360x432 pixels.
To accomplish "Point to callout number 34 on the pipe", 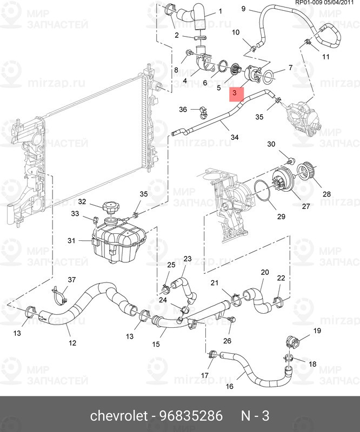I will tap(234, 138).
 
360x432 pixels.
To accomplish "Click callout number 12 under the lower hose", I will tap(72, 342).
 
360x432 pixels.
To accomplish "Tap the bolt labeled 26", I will tap(232, 320).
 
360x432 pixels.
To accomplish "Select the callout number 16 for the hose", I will tap(229, 386).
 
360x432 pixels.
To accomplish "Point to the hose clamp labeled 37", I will tap(59, 294).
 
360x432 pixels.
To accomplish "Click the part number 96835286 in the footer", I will tap(191, 416).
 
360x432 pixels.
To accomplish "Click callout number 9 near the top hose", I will tap(243, 9).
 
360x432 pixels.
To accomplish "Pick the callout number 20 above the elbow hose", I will tap(264, 272).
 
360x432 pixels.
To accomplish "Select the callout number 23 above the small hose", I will tap(188, 259).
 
